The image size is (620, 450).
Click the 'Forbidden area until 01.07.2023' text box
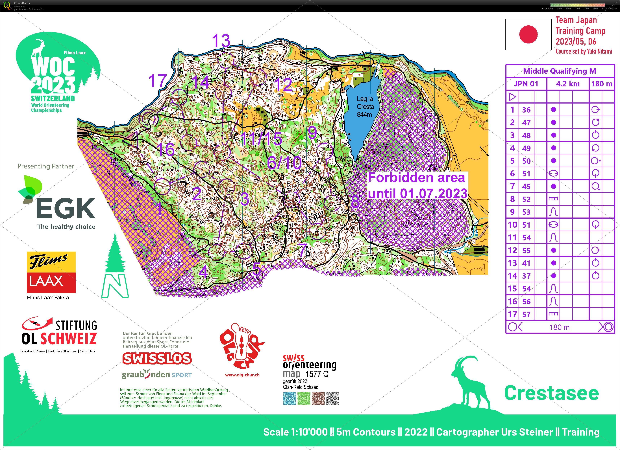tap(417, 186)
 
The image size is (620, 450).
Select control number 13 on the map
tap(221, 41)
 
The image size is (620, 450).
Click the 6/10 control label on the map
tap(284, 163)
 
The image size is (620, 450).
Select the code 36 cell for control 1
tap(526, 110)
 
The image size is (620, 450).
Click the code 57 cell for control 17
tap(526, 314)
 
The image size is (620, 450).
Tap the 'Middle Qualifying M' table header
tap(559, 71)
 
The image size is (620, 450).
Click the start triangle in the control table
tap(513, 97)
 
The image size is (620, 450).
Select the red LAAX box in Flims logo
tap(51, 282)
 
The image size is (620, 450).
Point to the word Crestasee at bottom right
tap(551, 393)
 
